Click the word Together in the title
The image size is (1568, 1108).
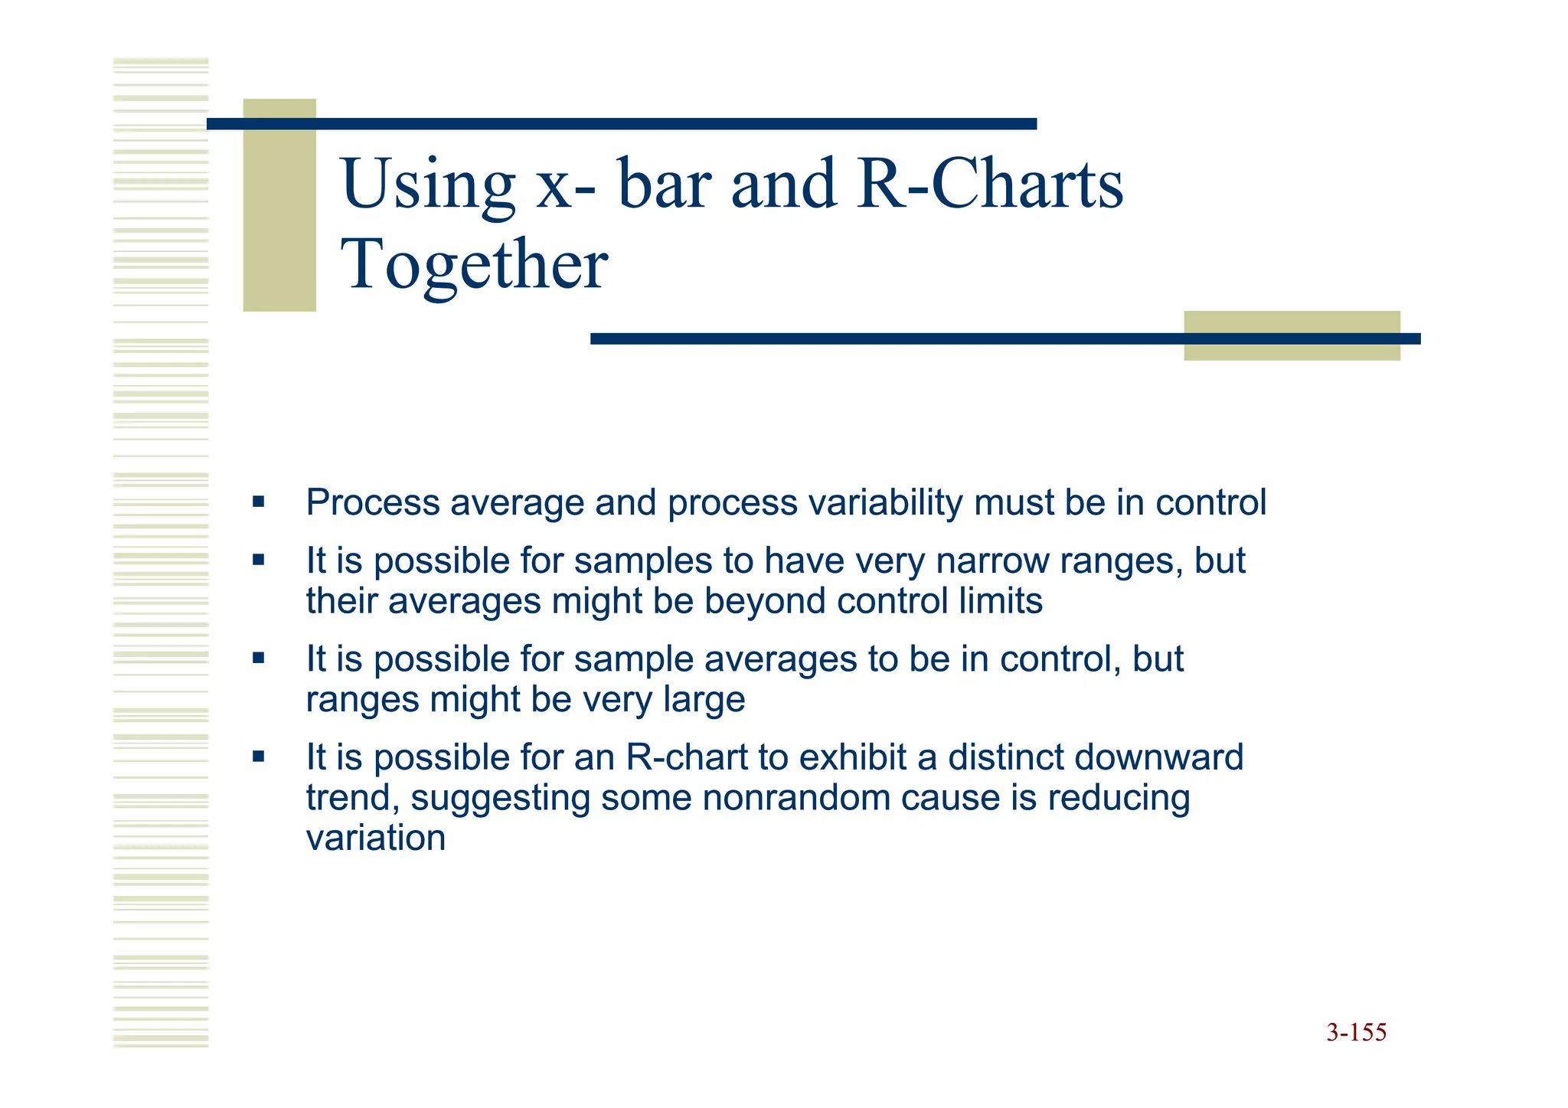[474, 264]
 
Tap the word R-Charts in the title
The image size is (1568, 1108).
[990, 184]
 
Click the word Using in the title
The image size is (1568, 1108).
[428, 184]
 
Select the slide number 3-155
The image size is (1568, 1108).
[1356, 1032]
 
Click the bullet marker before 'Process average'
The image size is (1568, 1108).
[258, 502]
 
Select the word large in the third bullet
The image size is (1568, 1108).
[704, 699]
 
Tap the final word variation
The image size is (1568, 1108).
[375, 838]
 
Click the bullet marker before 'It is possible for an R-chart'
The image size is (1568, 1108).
[258, 757]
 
